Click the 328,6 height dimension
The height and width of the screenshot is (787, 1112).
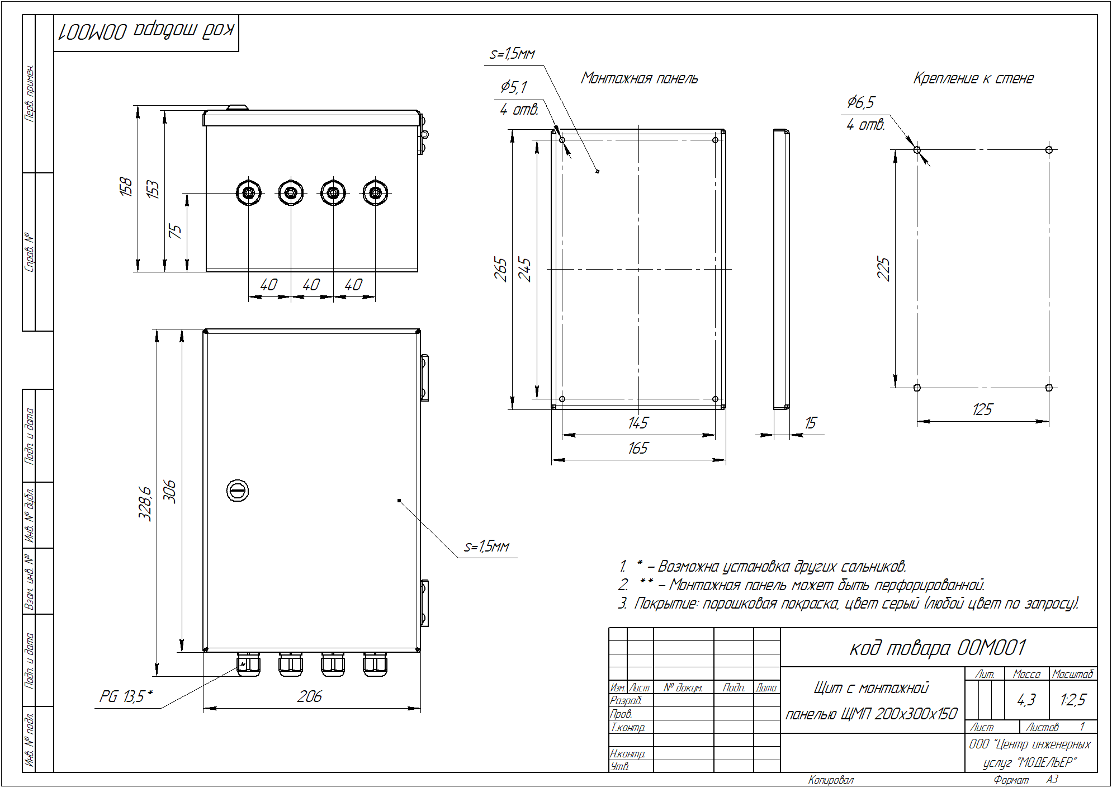pyautogui.click(x=145, y=503)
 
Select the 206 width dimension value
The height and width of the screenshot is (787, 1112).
pyautogui.click(x=309, y=696)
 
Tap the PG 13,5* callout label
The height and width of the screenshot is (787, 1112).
pyautogui.click(x=126, y=696)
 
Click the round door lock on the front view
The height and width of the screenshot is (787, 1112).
pyautogui.click(x=237, y=491)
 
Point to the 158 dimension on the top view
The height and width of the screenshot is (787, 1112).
pyautogui.click(x=126, y=186)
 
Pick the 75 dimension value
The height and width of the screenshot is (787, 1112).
pyautogui.click(x=175, y=231)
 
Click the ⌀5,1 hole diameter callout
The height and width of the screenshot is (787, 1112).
pyautogui.click(x=513, y=87)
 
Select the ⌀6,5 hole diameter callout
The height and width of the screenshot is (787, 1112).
pyautogui.click(x=860, y=102)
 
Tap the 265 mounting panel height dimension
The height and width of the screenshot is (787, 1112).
pyautogui.click(x=500, y=269)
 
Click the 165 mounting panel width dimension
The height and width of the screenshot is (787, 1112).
pyautogui.click(x=638, y=448)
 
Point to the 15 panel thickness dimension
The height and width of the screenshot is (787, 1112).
pyautogui.click(x=810, y=423)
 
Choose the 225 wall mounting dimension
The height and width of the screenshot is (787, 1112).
pyautogui.click(x=883, y=268)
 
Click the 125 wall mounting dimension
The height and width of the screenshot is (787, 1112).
pyautogui.click(x=982, y=409)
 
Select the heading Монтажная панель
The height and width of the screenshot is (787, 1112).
pyautogui.click(x=640, y=78)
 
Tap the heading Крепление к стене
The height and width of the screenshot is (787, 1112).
pyautogui.click(x=973, y=78)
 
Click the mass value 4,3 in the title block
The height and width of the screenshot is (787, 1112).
pyautogui.click(x=1026, y=700)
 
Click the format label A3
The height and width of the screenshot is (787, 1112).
pyautogui.click(x=1052, y=779)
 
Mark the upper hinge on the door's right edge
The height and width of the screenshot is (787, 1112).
pyautogui.click(x=424, y=378)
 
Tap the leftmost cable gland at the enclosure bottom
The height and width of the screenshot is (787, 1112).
pyautogui.click(x=248, y=664)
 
